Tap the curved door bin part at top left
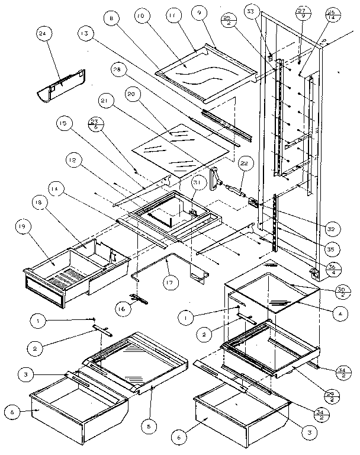61,85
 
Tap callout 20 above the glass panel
131,94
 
